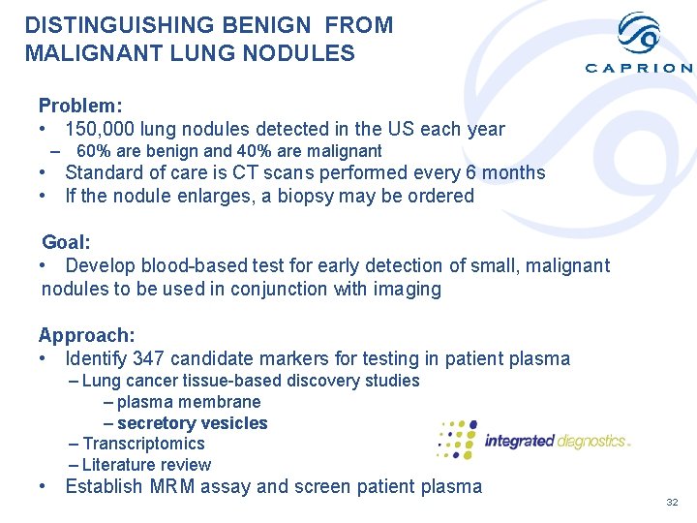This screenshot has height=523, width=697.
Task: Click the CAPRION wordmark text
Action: click(639, 68)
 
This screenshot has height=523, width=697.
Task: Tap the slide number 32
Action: click(672, 503)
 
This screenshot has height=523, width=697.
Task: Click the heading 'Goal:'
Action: click(66, 242)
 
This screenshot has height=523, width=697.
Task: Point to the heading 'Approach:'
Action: click(86, 335)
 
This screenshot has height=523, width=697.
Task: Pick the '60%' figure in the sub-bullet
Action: click(93, 151)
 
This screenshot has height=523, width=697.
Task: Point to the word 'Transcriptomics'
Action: click(144, 444)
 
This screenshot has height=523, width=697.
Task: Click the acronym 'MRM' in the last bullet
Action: click(171, 486)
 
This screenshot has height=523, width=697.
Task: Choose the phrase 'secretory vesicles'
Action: click(192, 423)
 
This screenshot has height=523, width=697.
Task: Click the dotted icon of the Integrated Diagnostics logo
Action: click(457, 440)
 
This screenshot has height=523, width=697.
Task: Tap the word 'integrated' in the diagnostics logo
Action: click(518, 441)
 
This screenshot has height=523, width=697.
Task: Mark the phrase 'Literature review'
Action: click(146, 465)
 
